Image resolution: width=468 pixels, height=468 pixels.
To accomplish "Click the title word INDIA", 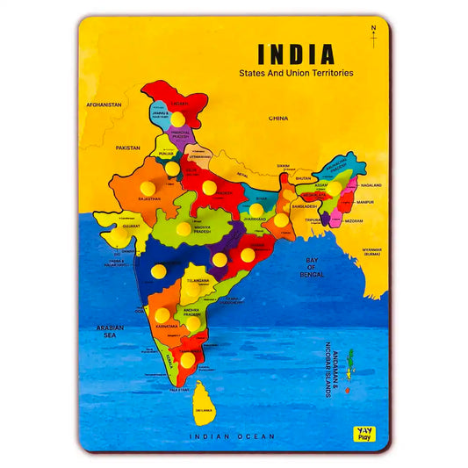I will tap(295, 54).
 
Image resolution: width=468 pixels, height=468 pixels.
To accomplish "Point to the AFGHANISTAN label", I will tap(104, 104).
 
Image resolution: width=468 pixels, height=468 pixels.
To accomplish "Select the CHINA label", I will tap(278, 117).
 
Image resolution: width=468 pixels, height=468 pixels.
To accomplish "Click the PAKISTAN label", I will tap(127, 148).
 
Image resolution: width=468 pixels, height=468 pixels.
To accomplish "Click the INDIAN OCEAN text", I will tap(234, 436).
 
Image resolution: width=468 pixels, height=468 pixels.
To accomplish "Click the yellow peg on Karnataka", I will tap(162, 314).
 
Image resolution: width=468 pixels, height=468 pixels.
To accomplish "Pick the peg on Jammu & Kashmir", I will tap(178, 118).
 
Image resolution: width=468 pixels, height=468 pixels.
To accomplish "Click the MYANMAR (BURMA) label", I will tap(373, 252).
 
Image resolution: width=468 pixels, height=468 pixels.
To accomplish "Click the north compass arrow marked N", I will tap(373, 37).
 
